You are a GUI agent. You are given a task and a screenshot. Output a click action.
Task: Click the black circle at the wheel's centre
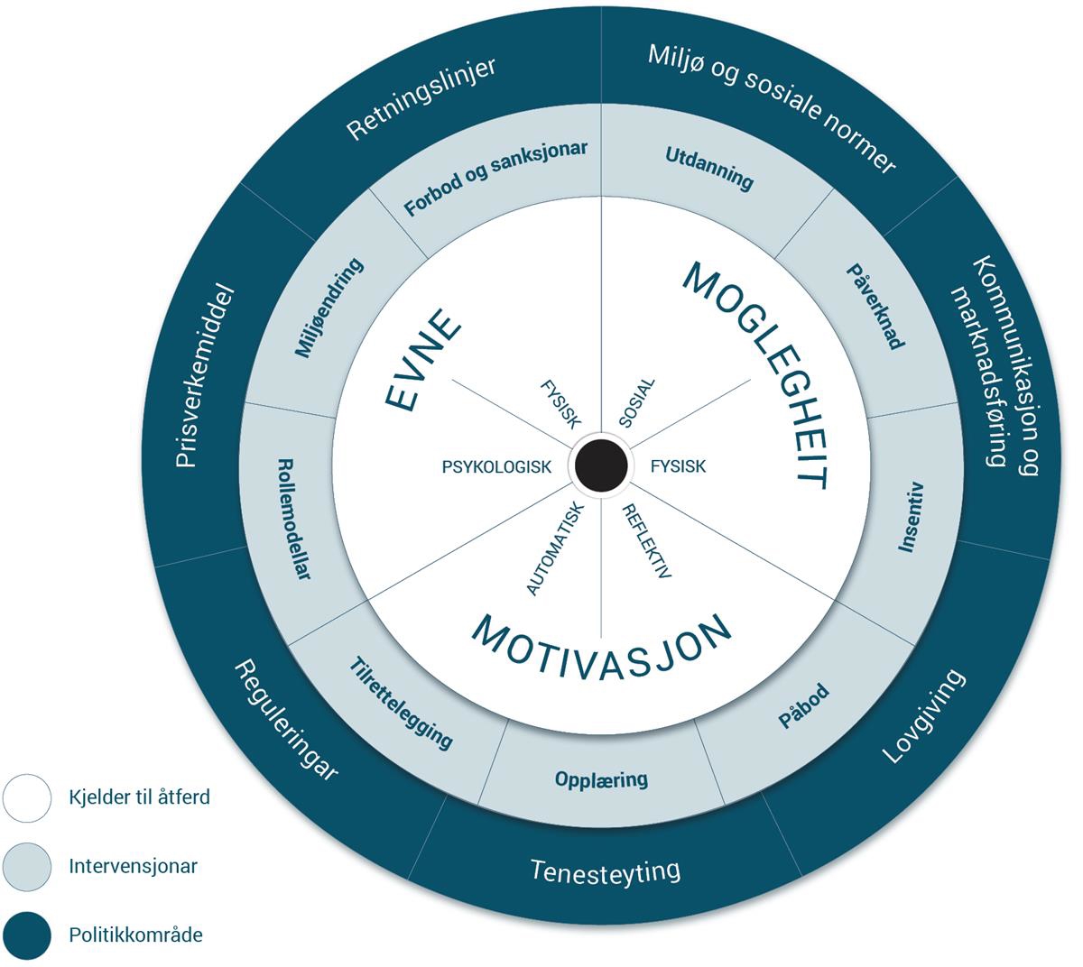[601, 466]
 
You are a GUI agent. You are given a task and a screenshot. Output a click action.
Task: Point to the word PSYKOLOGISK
[496, 467]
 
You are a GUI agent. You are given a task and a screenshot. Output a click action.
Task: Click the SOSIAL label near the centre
[637, 403]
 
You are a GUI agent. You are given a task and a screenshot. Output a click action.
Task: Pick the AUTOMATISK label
[556, 548]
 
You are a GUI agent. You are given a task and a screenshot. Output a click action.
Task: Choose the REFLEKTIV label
[648, 540]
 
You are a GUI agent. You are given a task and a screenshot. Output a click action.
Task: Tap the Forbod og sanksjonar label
[495, 179]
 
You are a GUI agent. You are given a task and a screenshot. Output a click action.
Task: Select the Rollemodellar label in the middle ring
[294, 519]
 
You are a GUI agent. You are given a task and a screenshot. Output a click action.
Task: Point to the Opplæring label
[602, 778]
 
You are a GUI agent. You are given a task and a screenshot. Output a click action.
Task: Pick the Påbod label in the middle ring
[803, 706]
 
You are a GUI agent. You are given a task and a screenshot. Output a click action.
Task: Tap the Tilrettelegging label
[401, 705]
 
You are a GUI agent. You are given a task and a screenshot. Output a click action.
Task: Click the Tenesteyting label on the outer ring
[605, 871]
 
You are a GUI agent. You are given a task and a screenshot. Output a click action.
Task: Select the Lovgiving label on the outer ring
[923, 716]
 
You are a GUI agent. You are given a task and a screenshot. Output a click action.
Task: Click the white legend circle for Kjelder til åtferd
[27, 797]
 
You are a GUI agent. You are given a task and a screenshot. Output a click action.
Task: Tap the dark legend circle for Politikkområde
[27, 935]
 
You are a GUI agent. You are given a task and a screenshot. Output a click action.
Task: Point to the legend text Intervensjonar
[133, 867]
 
